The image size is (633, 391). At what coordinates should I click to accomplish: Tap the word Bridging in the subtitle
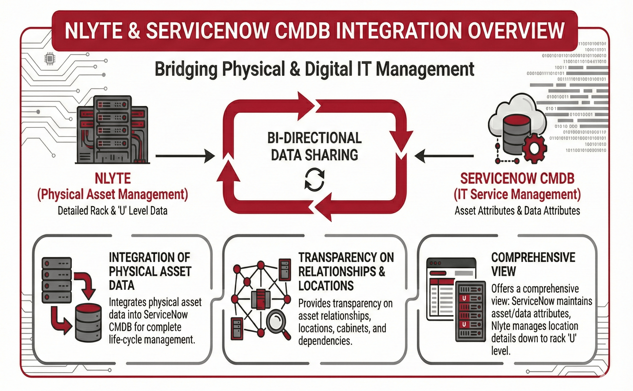coord(186,69)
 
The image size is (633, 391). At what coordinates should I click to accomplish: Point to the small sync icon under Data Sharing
coord(314,179)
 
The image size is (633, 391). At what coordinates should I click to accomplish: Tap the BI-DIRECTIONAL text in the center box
coord(314,138)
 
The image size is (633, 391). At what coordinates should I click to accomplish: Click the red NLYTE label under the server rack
coord(113,178)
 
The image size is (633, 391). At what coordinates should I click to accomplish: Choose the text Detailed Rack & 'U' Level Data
coord(113,211)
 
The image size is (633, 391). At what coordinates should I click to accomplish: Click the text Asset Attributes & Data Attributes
coord(517,211)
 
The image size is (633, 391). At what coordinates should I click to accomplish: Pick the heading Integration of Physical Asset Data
coord(150,271)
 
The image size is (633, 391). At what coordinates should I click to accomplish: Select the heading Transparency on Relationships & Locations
coord(345,271)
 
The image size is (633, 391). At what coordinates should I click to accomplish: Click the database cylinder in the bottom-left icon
coord(88,323)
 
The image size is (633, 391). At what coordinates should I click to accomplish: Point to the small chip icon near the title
coord(49,59)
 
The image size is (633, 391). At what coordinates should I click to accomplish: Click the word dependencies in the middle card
coord(325,341)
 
